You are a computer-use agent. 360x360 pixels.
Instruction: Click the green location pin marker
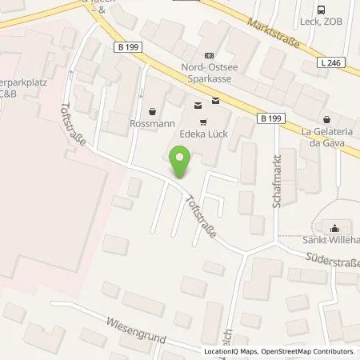click(x=181, y=162)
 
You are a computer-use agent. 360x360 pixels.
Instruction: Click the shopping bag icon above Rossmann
click(x=153, y=111)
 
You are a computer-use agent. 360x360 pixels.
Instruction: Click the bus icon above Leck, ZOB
click(x=321, y=10)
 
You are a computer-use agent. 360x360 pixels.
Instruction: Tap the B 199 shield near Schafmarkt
click(x=272, y=118)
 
